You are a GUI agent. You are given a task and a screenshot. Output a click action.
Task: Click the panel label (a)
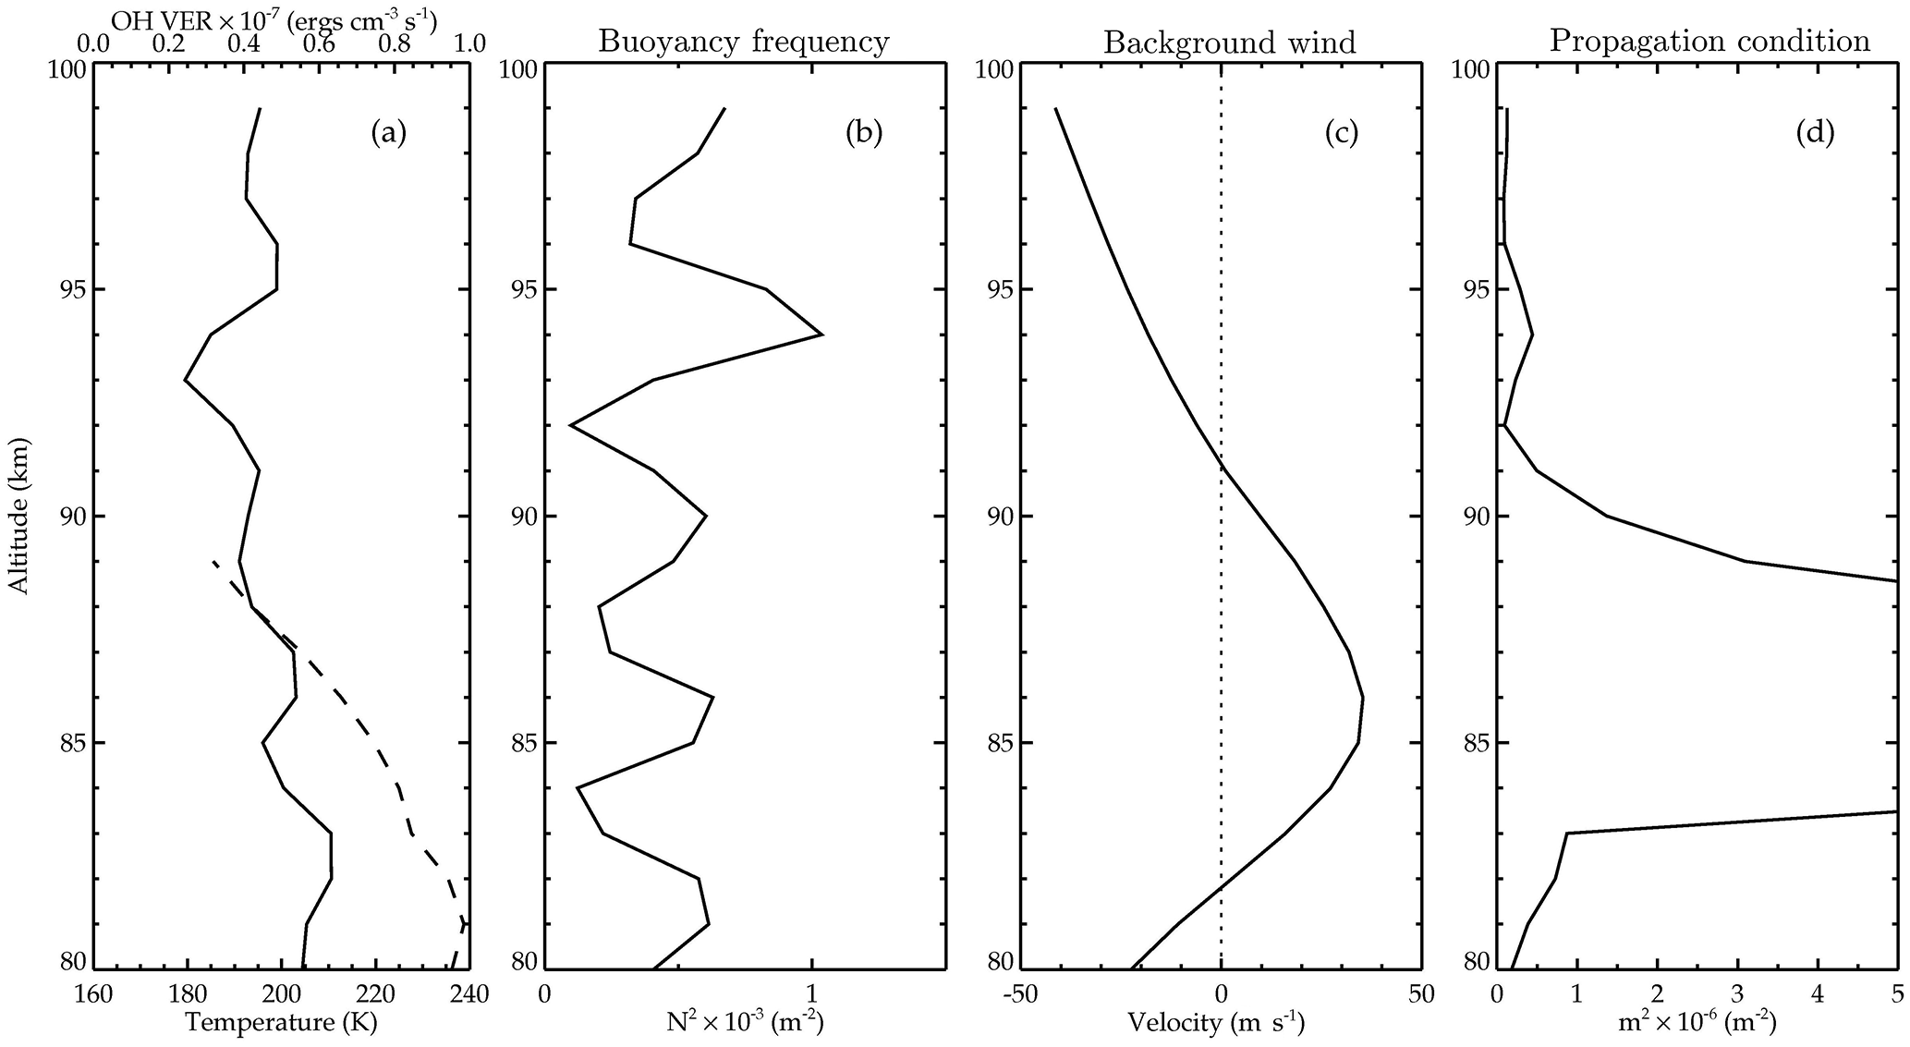click(x=388, y=134)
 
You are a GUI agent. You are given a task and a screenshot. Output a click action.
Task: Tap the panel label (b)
click(x=864, y=134)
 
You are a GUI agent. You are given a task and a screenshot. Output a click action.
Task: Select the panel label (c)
click(x=1341, y=134)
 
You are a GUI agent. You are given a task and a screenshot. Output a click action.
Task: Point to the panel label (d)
click(x=1815, y=134)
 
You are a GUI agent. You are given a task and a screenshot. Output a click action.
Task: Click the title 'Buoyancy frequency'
click(x=744, y=42)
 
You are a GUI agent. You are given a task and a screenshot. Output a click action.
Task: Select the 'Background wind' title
click(x=1230, y=43)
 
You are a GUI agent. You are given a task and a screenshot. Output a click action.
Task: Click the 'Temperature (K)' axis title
click(x=282, y=1022)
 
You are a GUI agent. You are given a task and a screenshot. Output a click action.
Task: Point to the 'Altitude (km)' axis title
click(x=18, y=516)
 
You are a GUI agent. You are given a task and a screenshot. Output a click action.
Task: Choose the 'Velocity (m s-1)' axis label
click(x=1216, y=1022)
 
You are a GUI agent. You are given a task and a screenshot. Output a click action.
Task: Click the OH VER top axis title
click(x=274, y=18)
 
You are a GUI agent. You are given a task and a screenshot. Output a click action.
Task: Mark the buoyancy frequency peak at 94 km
click(x=821, y=335)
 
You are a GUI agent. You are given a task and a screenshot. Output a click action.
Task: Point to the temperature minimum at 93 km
click(x=186, y=380)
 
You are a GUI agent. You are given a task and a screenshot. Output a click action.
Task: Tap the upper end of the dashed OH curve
click(x=214, y=562)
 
